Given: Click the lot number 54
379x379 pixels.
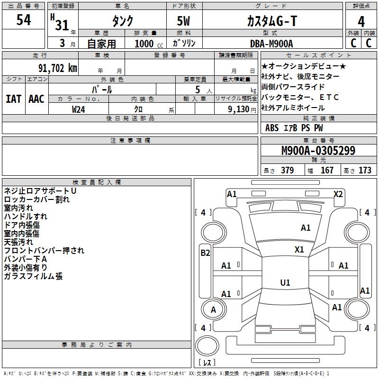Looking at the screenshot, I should coord(24,20).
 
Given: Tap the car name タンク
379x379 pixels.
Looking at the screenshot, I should coord(122,21).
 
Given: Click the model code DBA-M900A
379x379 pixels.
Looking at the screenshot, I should coord(271,43).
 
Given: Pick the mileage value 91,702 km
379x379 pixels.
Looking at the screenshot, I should coord(58,68).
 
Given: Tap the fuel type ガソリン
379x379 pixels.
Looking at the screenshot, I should coord(184,43).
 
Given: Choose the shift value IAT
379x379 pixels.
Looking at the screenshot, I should coord(13,99).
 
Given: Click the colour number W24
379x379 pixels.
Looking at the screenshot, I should coord(79,109).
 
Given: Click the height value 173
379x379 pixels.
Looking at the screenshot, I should coord(365,170).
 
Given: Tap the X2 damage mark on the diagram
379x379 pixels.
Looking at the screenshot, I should coord(338,194).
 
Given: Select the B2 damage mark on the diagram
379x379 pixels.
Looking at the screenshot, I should coord(205,253).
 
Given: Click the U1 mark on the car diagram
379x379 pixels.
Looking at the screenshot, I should coord(285,283).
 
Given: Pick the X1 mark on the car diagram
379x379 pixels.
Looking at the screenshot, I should coord(299,249).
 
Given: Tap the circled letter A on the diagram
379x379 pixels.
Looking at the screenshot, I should coord(213,310).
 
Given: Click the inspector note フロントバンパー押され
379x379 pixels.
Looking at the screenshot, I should coord(44,251).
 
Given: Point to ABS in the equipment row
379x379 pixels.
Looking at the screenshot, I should coord(272,128).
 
